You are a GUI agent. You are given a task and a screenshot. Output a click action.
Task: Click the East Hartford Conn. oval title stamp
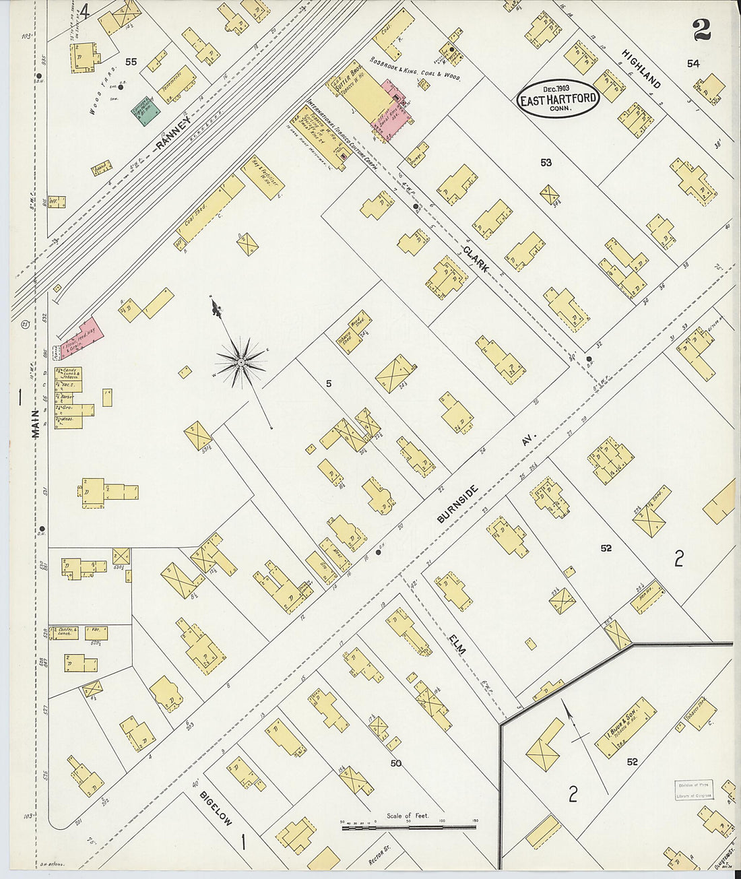[x=558, y=99]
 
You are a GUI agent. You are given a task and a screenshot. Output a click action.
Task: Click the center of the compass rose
[x=240, y=363]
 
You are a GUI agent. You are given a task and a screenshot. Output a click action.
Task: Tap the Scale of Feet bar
[x=408, y=826]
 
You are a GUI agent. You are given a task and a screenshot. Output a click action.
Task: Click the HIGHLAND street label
[x=641, y=69]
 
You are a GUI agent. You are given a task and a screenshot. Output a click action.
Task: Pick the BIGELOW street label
[x=215, y=808]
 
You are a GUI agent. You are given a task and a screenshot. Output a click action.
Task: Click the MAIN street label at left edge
[x=34, y=425]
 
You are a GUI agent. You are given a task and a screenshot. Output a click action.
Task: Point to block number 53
[x=545, y=162]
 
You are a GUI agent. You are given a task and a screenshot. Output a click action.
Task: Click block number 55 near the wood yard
[x=131, y=61]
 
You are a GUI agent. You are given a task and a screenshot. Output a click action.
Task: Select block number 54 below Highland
[x=692, y=63]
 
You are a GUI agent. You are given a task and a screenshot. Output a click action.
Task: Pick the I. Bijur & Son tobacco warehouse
[x=625, y=727]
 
